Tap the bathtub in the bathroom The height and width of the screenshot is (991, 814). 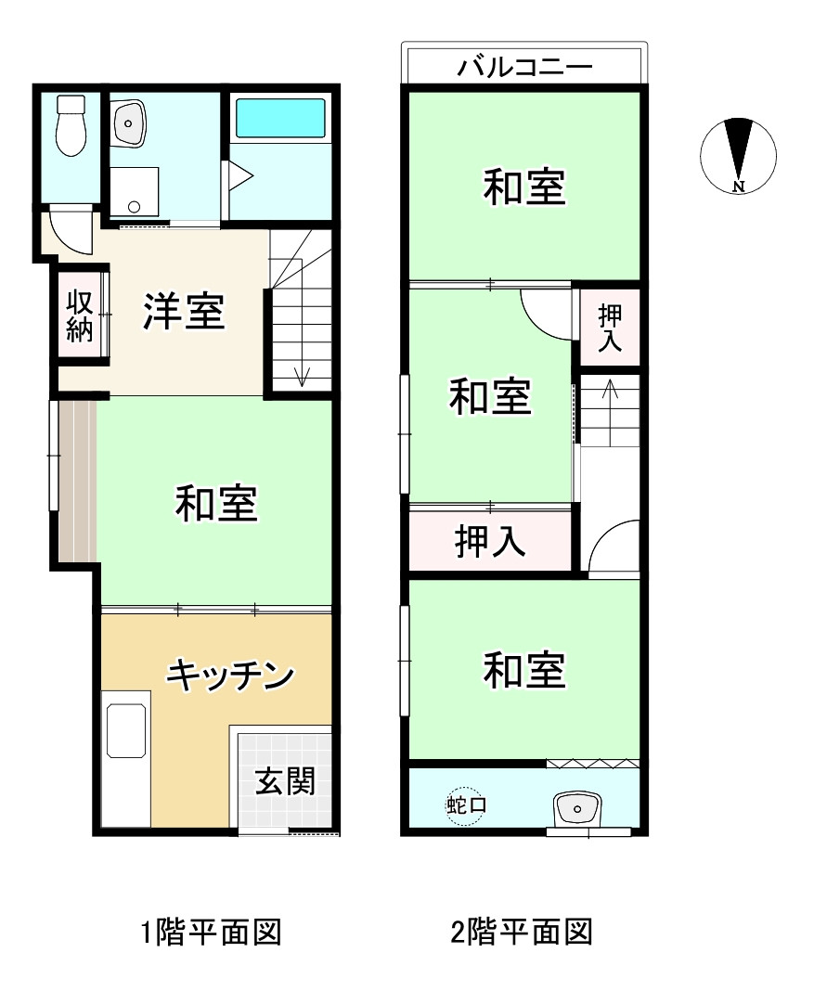click(279, 119)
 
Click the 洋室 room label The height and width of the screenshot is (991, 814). click(184, 311)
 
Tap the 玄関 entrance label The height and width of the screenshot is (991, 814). click(285, 782)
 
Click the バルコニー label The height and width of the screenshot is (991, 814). click(525, 67)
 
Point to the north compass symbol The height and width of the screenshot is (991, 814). click(738, 155)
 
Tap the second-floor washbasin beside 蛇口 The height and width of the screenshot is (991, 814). click(576, 808)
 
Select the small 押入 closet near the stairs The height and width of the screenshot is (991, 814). click(609, 327)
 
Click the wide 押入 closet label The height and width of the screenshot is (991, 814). click(491, 541)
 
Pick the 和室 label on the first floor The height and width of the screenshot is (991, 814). click(216, 504)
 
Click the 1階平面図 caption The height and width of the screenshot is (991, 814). click(211, 931)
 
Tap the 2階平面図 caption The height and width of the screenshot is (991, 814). click(522, 931)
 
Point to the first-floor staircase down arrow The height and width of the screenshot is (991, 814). click(302, 375)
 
